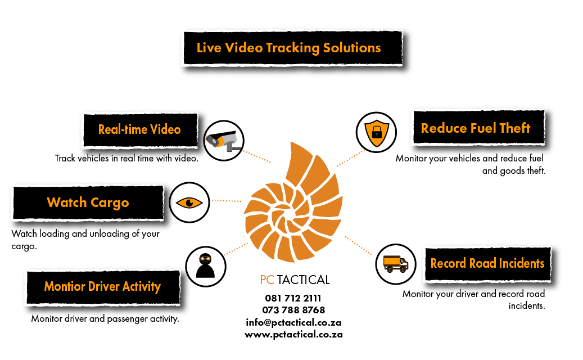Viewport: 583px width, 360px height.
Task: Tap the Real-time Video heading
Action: click(x=139, y=129)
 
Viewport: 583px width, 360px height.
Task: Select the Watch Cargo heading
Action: click(x=88, y=202)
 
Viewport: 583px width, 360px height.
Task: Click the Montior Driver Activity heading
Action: click(x=102, y=286)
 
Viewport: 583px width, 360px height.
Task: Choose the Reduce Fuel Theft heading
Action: click(x=476, y=128)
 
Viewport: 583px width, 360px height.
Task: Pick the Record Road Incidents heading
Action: click(x=487, y=263)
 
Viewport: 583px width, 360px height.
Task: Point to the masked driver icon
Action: click(x=205, y=265)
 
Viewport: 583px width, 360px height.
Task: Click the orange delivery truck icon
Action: click(x=395, y=263)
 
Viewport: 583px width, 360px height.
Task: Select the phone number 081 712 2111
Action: click(x=293, y=298)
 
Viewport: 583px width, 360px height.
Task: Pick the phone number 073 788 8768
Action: click(x=293, y=310)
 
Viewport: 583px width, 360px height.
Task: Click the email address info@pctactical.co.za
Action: click(x=293, y=322)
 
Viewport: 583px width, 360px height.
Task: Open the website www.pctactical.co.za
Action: click(x=293, y=334)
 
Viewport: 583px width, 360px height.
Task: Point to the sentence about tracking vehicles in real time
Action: click(x=126, y=159)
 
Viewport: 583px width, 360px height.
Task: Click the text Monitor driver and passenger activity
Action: click(x=105, y=319)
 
